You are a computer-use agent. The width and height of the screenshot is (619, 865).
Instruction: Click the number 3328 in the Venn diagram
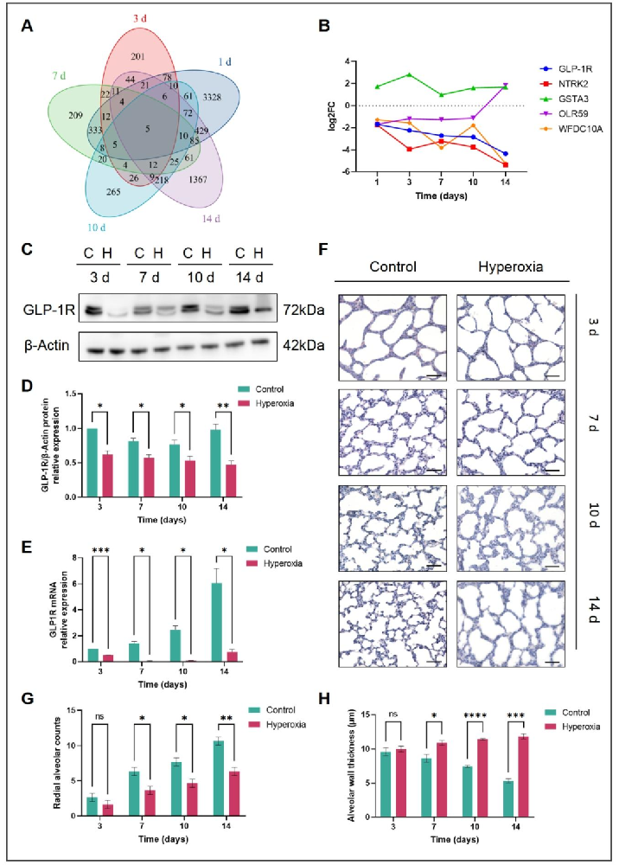[212, 97]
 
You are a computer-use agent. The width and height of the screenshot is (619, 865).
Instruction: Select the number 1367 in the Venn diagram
[197, 179]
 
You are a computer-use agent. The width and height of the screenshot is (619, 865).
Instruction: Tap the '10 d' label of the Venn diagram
[96, 227]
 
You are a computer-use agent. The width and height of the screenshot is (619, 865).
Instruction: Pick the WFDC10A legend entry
[571, 129]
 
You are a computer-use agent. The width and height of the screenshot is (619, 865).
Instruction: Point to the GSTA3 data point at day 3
[409, 74]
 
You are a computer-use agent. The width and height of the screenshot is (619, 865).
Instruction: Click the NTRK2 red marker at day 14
[506, 165]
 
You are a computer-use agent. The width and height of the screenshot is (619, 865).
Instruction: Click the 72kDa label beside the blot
[303, 310]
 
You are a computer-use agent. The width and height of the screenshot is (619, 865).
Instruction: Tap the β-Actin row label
[47, 346]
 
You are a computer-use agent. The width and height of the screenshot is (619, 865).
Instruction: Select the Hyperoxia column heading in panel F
[510, 267]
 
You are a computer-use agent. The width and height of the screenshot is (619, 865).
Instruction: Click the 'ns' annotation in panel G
[99, 716]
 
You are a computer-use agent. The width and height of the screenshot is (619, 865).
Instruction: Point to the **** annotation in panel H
[475, 716]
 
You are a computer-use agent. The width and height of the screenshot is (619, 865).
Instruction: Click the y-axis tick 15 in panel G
[70, 710]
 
